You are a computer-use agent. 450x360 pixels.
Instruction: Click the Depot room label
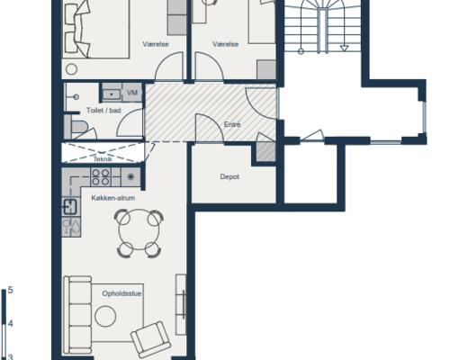229,177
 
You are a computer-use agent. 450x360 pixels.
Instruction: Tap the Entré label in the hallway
232,124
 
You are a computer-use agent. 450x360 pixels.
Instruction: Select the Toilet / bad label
103,111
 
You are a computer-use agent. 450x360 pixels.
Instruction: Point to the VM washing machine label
132,93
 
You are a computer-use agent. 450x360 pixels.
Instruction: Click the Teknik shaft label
103,159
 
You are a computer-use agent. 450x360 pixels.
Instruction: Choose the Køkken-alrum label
113,198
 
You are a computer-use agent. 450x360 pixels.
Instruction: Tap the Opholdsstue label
121,293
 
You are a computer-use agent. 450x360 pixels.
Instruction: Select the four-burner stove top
101,177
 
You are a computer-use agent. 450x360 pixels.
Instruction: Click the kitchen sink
69,207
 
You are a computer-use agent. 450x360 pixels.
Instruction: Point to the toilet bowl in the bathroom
78,127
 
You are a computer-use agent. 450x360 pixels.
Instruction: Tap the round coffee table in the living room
105,316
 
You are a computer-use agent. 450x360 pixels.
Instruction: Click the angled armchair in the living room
151,339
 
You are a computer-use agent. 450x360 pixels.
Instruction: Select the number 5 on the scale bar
10,290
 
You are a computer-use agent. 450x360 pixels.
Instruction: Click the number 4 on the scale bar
10,323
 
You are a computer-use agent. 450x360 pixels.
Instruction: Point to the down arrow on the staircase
344,48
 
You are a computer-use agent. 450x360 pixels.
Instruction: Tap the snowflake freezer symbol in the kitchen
130,177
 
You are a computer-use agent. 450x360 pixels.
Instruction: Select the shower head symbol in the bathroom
76,97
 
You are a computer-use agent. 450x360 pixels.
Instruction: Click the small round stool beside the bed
71,69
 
